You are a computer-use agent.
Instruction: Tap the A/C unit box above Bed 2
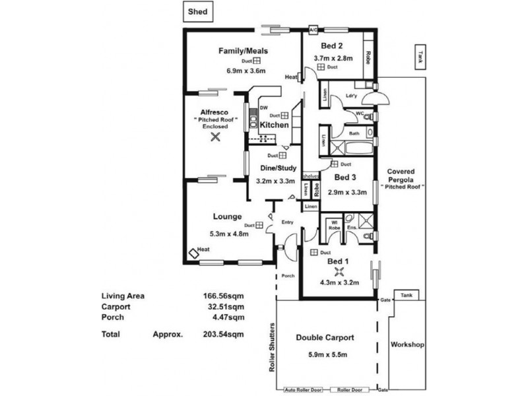coord(313,30)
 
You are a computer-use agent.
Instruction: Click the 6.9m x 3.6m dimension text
coord(242,71)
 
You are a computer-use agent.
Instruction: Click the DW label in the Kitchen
coord(263,108)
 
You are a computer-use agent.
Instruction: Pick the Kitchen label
coord(273,125)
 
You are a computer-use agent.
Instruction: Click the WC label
coord(360,114)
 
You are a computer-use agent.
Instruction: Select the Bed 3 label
coord(345,178)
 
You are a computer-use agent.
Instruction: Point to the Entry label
coord(287,222)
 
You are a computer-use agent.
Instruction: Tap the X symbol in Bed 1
coord(340,271)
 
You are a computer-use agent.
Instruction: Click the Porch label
coord(288,276)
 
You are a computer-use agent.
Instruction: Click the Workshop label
coord(407,345)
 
